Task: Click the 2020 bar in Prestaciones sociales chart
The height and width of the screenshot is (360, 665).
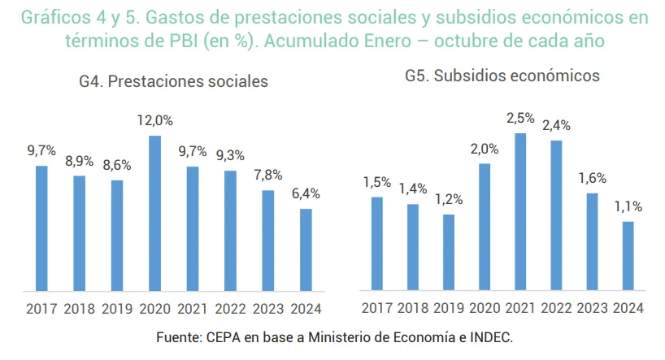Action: (154, 213)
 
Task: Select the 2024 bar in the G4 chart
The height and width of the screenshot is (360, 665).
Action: (306, 249)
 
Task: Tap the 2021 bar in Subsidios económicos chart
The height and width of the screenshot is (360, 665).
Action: (520, 211)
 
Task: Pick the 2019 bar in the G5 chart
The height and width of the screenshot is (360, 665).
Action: (449, 252)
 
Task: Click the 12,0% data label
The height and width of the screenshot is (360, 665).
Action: (154, 120)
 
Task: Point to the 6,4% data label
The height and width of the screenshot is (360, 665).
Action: (306, 193)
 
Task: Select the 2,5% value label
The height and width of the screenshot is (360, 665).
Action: (520, 118)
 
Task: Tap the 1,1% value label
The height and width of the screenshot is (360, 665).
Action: (628, 206)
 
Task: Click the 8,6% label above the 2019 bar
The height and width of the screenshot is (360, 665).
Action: (117, 164)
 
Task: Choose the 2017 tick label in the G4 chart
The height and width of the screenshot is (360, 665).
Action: (41, 309)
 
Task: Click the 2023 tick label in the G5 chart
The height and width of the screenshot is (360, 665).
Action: (593, 309)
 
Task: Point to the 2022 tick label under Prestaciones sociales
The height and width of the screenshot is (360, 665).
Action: (230, 309)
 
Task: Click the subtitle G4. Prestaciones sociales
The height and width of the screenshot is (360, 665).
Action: (174, 81)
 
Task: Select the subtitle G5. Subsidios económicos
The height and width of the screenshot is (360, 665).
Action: (502, 76)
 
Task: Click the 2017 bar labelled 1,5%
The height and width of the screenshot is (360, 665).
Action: (377, 243)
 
